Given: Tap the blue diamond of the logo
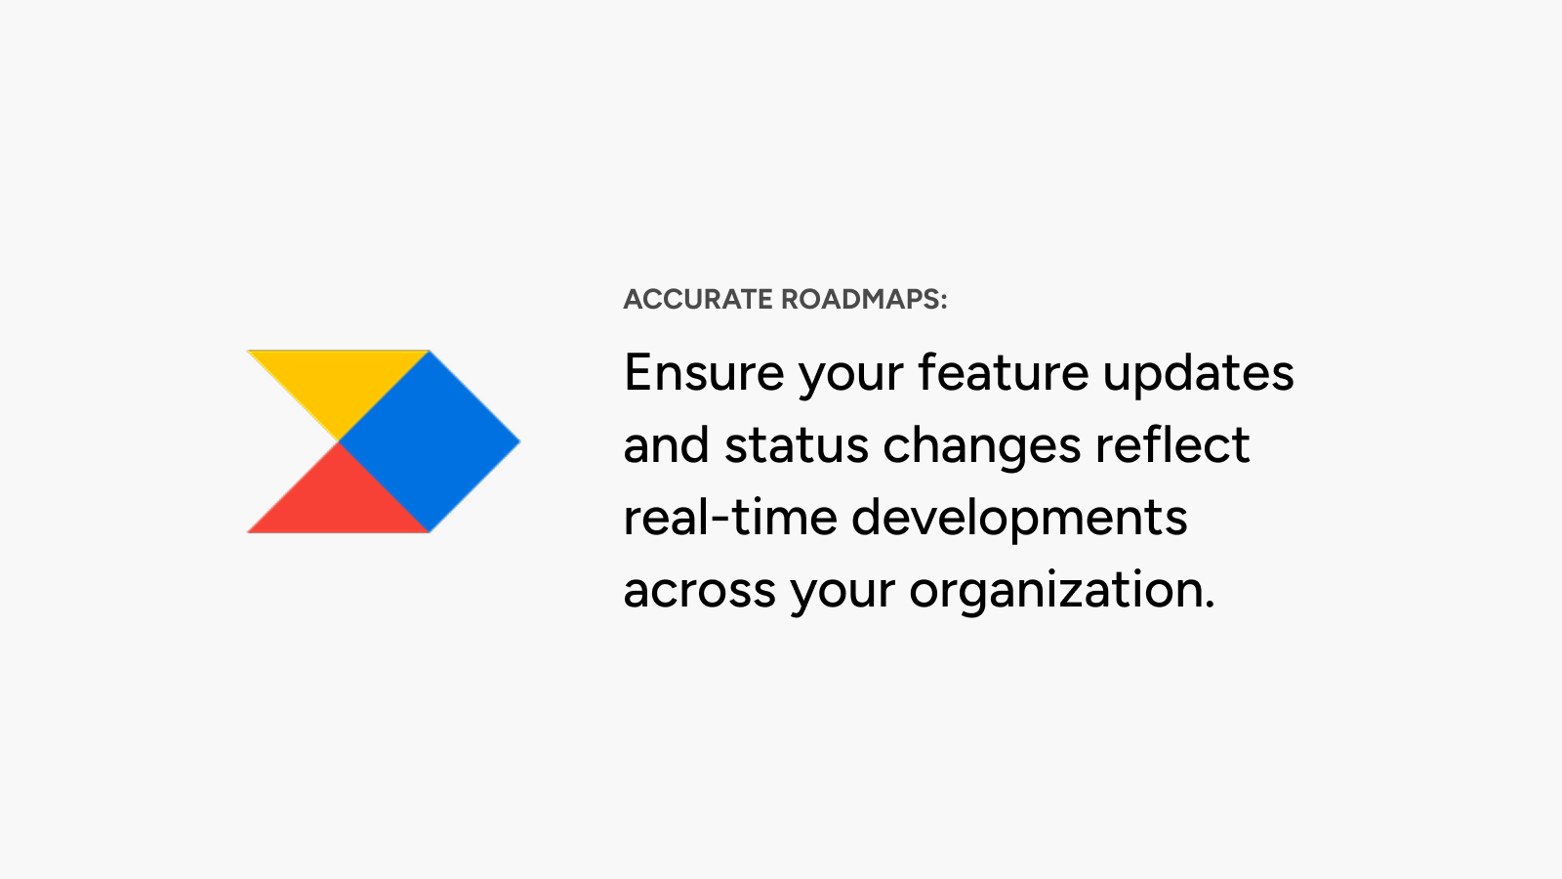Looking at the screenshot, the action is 430,441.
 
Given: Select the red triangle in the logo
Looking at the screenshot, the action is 338,501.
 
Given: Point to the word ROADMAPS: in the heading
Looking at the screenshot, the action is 865,299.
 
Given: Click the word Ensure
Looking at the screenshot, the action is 704,373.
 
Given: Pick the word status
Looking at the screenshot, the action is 797,446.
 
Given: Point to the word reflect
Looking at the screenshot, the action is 1172,444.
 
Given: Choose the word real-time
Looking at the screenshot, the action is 730,518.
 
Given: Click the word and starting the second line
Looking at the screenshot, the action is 666,445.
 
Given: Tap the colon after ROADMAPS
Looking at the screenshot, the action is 944,302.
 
